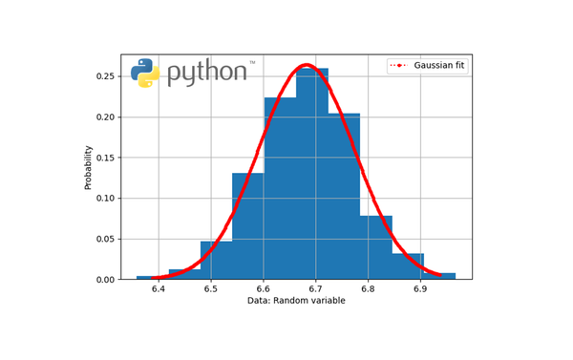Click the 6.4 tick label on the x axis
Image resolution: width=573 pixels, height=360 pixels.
159,287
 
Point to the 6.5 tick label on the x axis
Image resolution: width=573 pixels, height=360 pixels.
211,287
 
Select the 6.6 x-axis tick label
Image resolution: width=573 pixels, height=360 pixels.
264,287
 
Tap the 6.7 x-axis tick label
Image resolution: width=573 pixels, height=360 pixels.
316,287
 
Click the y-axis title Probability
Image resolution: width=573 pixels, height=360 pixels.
89,167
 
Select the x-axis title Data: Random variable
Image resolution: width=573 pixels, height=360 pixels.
296,301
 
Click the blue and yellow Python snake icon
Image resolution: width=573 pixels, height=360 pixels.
145,73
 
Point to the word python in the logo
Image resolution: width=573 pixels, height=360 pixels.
206,73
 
